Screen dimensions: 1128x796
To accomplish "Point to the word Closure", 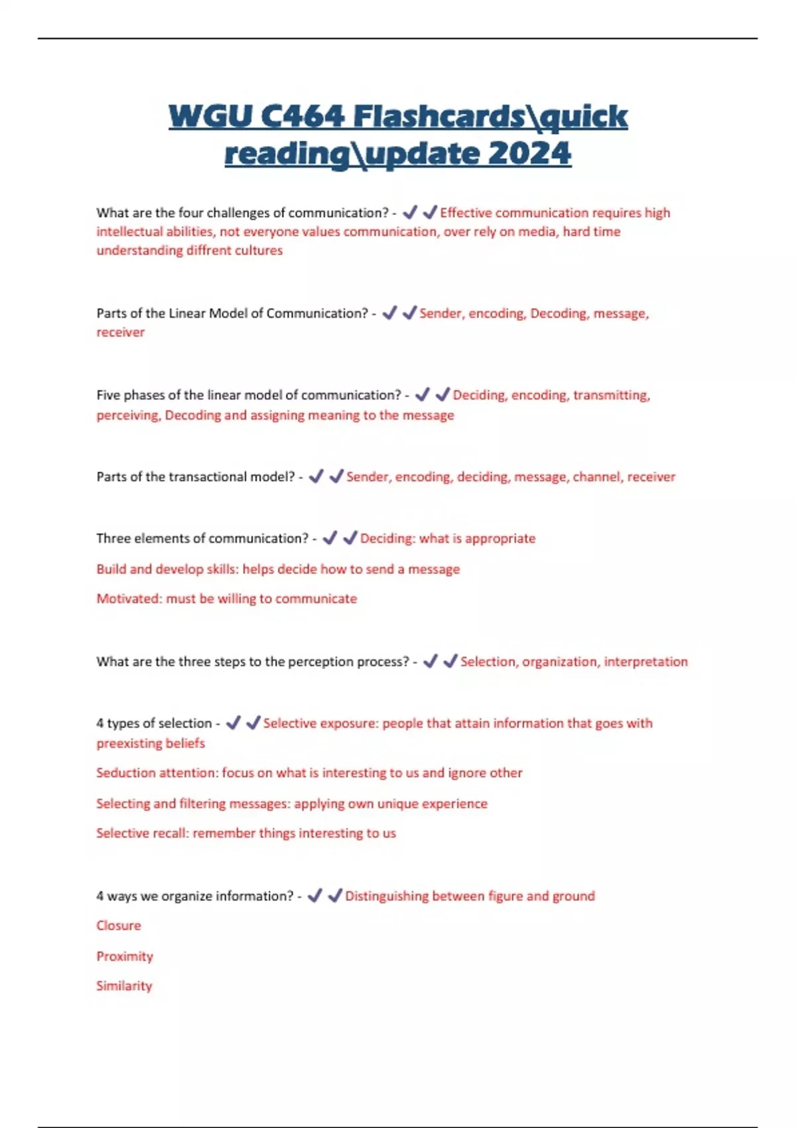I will [119, 925].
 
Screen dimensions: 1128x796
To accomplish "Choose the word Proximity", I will [125, 956].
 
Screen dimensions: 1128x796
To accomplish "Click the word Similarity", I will [124, 985].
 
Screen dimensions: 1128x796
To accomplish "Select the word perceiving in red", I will [127, 415].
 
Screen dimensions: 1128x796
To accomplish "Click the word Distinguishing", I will [387, 896].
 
